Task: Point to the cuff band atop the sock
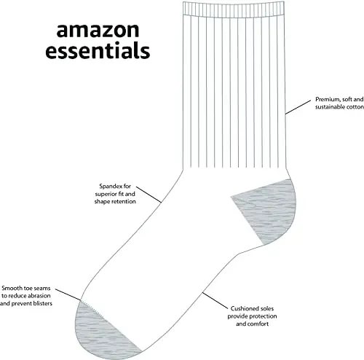pyautogui.click(x=226, y=8)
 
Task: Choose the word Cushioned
pyautogui.click(x=246, y=309)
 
